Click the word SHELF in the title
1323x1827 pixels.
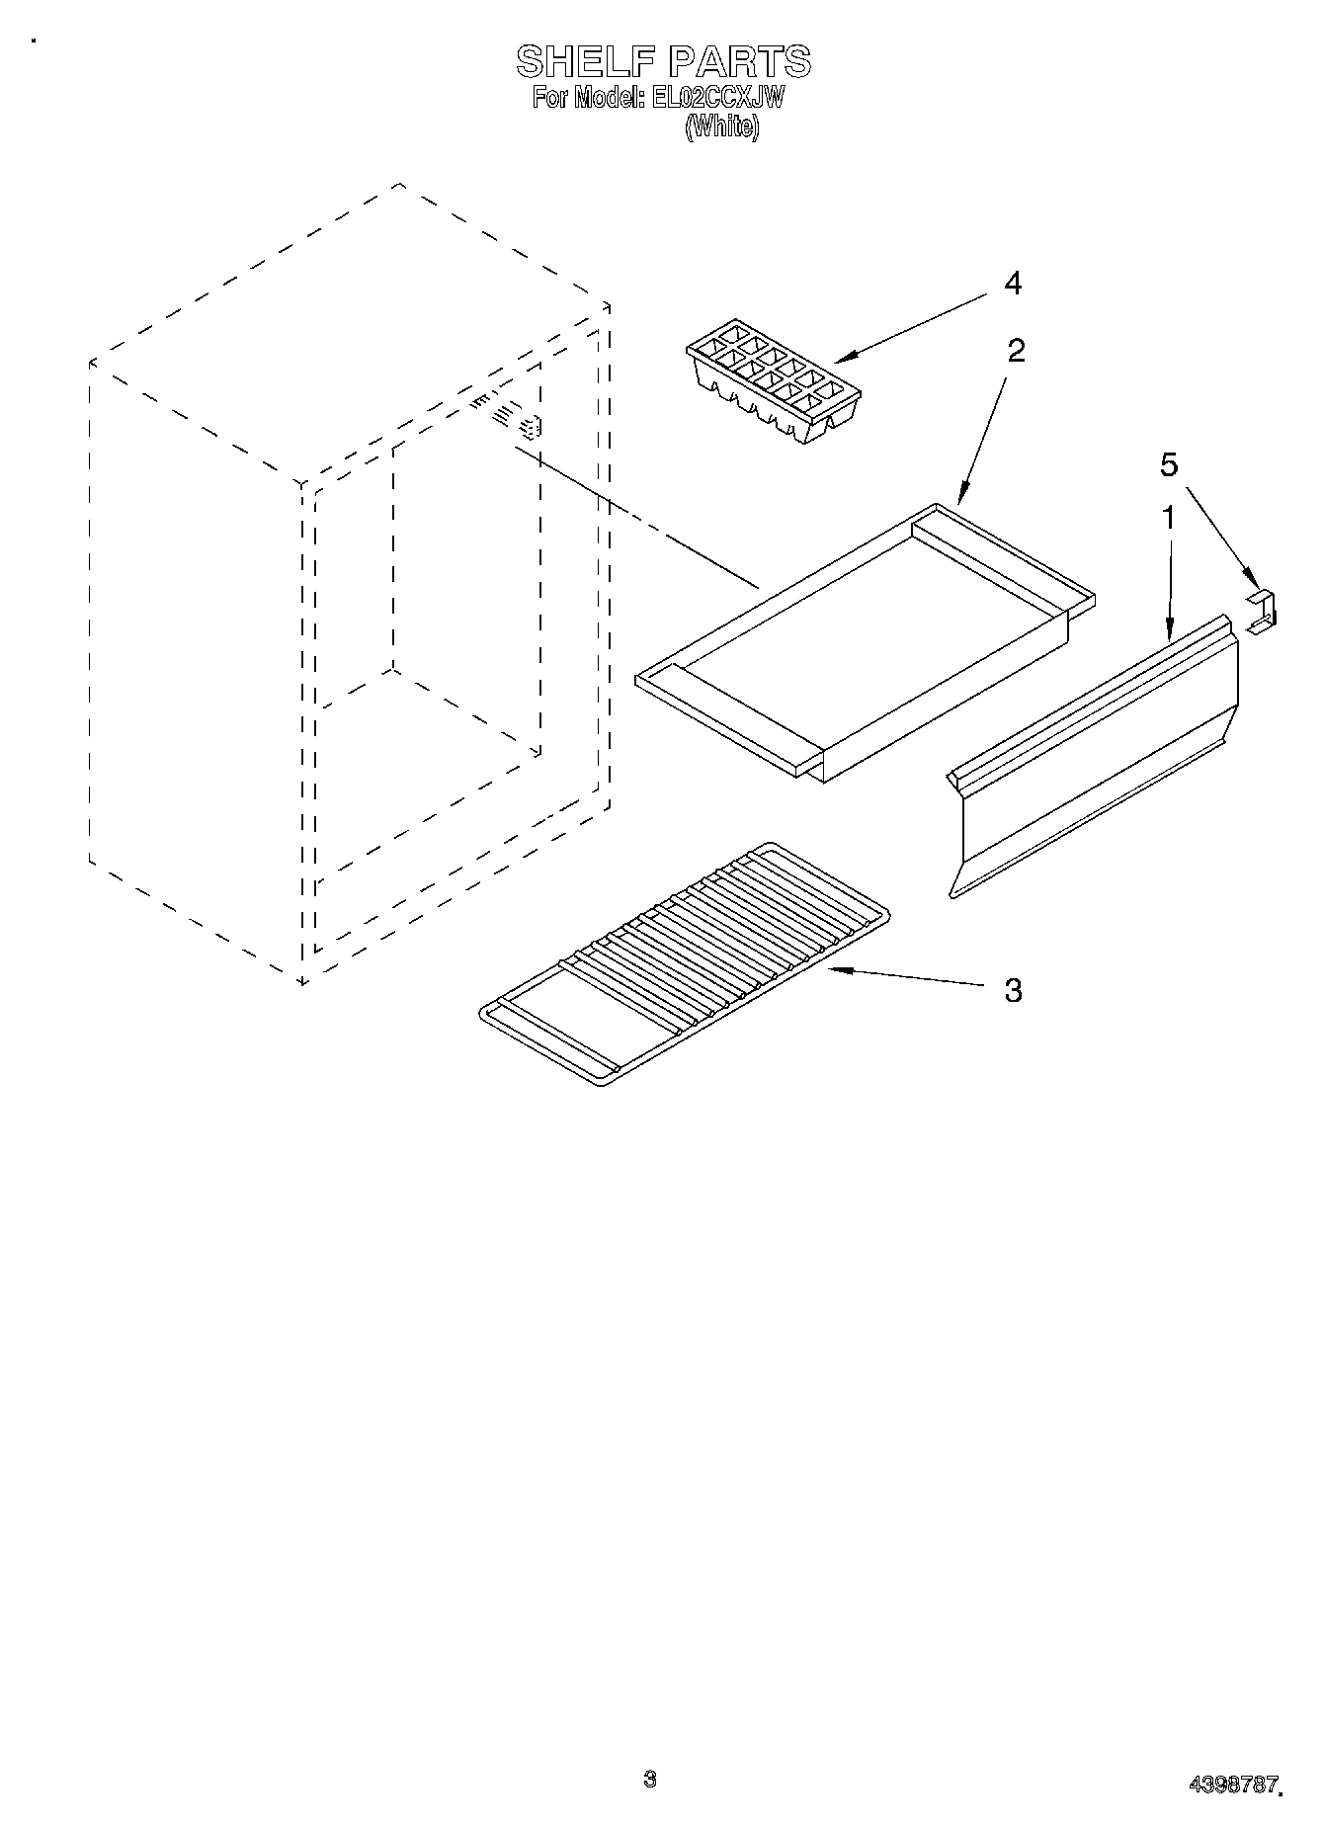[587, 61]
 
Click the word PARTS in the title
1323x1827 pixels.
[739, 61]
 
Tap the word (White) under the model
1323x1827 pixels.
[722, 126]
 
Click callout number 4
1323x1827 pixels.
[1012, 284]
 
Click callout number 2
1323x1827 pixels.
[1016, 350]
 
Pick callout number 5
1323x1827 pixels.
[1169, 464]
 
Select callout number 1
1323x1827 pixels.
[1168, 517]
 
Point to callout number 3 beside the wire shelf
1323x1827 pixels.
[1013, 989]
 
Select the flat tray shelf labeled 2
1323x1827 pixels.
[865, 643]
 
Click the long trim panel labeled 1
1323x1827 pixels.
[1093, 756]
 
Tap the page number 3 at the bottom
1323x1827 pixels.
[648, 1779]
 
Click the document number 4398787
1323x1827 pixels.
[1232, 1785]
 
